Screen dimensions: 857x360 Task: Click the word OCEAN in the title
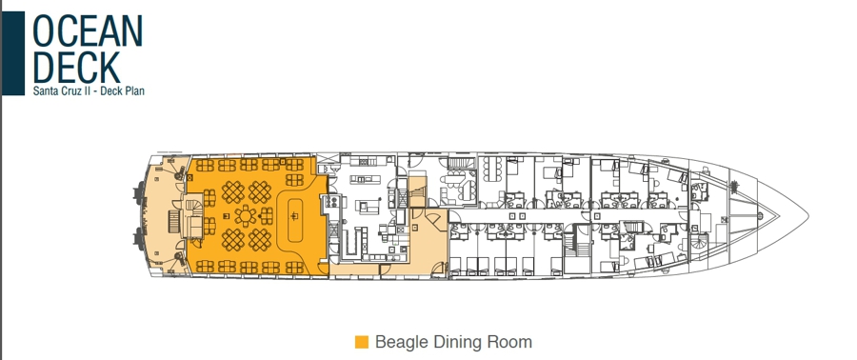point(88,31)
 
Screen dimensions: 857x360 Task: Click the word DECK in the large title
point(76,67)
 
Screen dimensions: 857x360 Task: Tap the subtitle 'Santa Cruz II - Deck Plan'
point(89,90)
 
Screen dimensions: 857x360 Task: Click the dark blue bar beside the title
point(13,53)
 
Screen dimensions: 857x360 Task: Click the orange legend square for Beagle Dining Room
point(361,342)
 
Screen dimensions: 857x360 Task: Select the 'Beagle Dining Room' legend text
point(453,342)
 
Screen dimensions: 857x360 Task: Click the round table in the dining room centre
point(246,216)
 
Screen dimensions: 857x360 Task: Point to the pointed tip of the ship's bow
point(808,217)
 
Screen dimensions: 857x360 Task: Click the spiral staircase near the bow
point(699,242)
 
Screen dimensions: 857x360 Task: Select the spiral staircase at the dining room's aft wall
point(195,209)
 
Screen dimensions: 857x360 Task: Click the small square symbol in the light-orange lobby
point(415,226)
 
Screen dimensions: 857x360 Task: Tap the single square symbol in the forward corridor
point(598,216)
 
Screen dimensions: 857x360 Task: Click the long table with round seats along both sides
point(492,169)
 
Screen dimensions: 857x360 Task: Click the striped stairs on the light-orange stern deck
point(173,222)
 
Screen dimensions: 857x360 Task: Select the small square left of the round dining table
point(226,216)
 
